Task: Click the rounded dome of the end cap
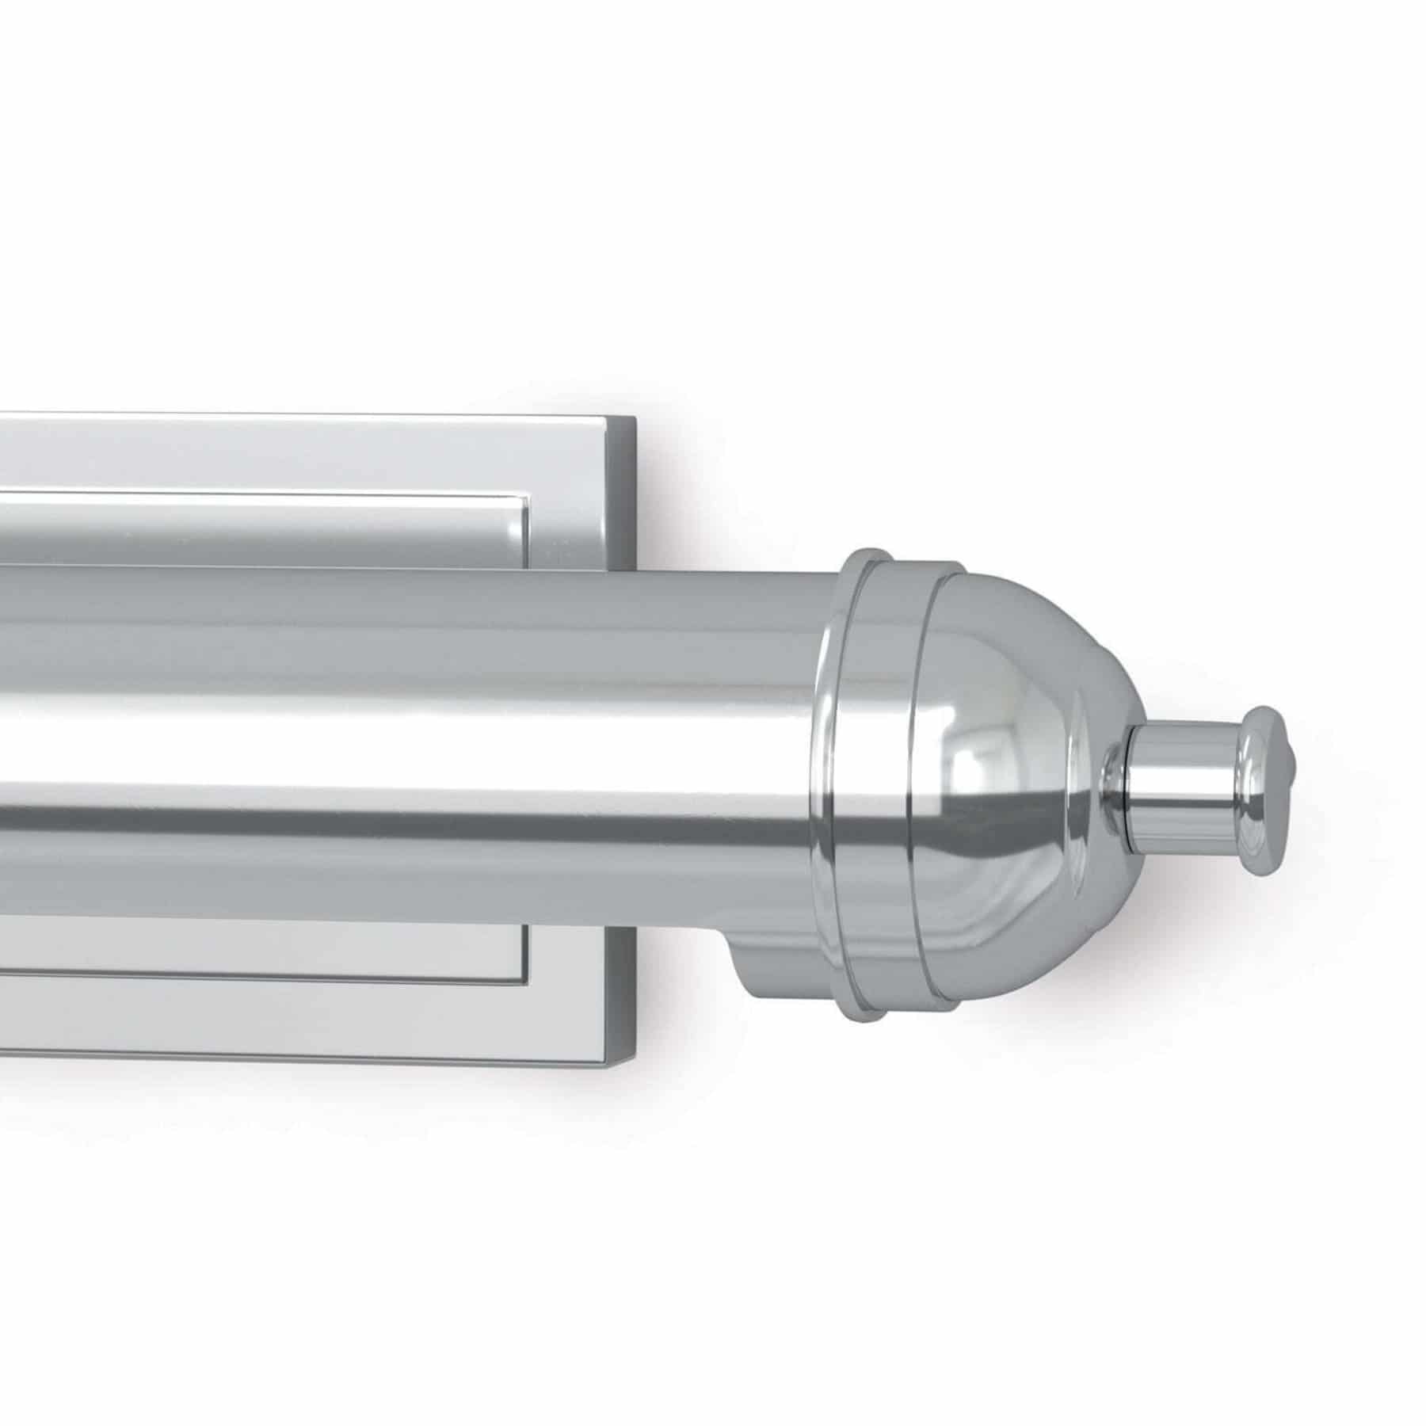[x=1022, y=713]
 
